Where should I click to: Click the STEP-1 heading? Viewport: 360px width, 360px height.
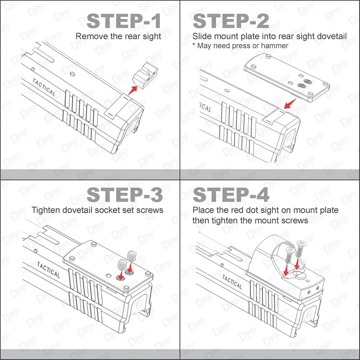(123, 21)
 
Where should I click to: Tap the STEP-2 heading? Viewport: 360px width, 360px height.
(231, 21)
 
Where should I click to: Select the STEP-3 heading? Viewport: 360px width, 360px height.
(125, 195)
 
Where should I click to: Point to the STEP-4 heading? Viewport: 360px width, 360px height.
(231, 195)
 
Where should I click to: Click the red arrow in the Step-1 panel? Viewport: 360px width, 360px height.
(132, 90)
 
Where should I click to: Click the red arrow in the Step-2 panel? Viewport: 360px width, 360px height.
(290, 104)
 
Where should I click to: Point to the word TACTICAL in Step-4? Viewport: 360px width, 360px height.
(232, 282)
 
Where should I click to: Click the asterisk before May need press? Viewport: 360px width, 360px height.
(194, 44)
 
